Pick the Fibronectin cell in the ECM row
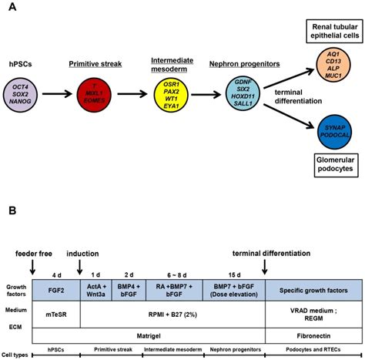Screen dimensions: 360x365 pyautogui.click(x=312, y=336)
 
